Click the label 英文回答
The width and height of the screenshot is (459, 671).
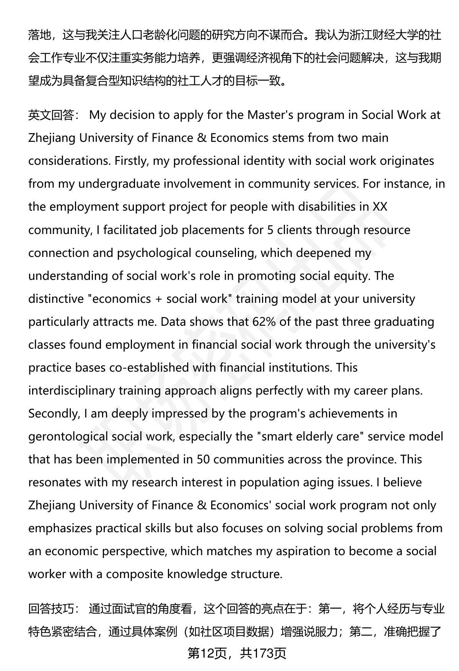coord(51,115)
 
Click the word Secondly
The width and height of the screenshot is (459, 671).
coord(54,413)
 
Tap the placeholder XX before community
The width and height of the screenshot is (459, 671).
coord(380,207)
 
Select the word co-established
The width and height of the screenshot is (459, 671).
coord(149,367)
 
